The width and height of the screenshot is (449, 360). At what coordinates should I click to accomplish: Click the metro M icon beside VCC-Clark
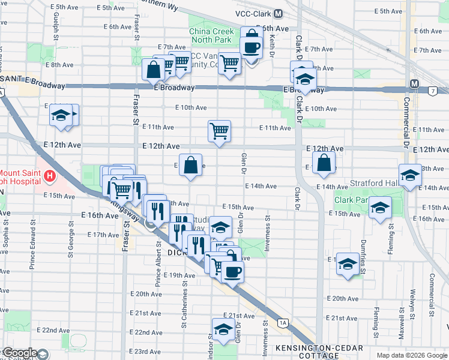(x=278, y=13)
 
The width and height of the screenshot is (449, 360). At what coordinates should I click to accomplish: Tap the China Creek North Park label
(x=210, y=36)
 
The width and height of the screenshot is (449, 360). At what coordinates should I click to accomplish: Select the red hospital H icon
(x=50, y=176)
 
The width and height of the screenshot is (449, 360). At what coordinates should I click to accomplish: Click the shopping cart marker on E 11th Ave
(x=220, y=130)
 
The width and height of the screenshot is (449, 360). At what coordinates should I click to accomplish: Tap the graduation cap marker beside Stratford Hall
(x=411, y=175)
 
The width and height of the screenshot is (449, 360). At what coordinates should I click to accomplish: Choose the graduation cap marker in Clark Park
(x=379, y=208)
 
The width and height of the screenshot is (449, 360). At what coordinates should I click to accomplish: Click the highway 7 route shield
(x=433, y=91)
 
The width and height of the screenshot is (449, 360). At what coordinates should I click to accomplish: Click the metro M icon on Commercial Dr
(x=414, y=83)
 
